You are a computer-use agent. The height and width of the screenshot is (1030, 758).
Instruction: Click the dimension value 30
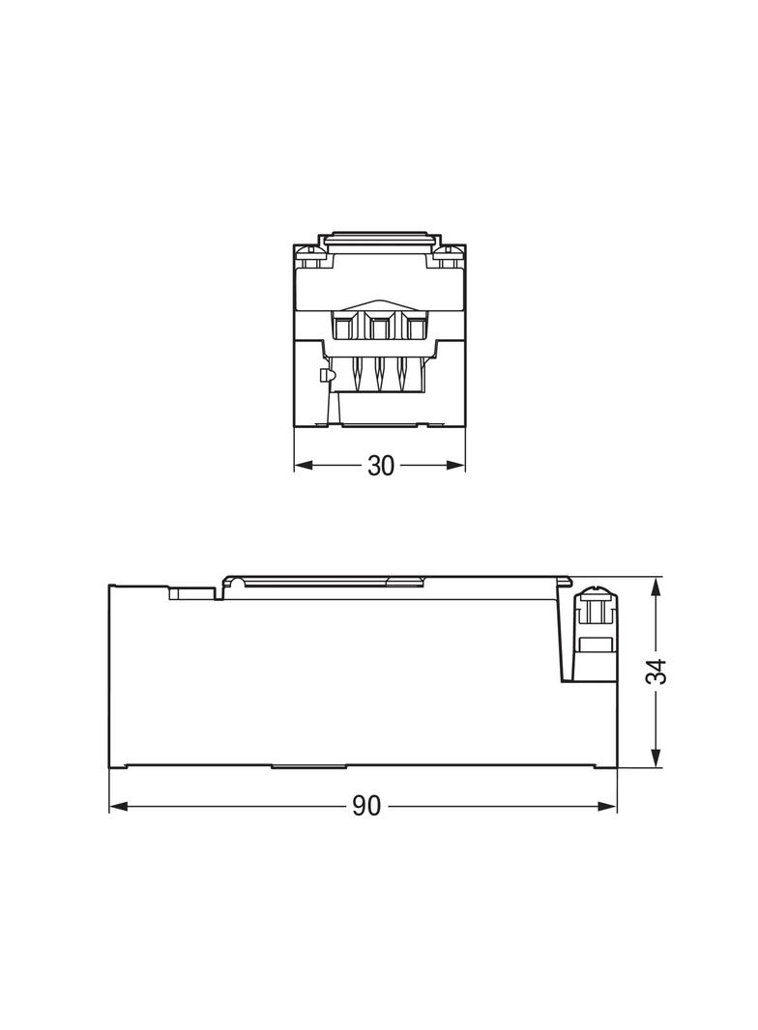tap(381, 466)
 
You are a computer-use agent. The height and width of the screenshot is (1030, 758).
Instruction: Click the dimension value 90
tap(365, 807)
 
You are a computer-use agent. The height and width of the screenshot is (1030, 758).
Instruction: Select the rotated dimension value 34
tap(657, 672)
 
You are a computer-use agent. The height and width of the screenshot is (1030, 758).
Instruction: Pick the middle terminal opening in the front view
tap(379, 329)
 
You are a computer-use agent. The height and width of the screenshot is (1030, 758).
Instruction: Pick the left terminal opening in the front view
tap(343, 329)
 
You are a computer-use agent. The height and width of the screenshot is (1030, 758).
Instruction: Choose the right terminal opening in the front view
tap(415, 329)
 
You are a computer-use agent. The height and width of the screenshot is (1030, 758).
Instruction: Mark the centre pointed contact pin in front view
tap(379, 372)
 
